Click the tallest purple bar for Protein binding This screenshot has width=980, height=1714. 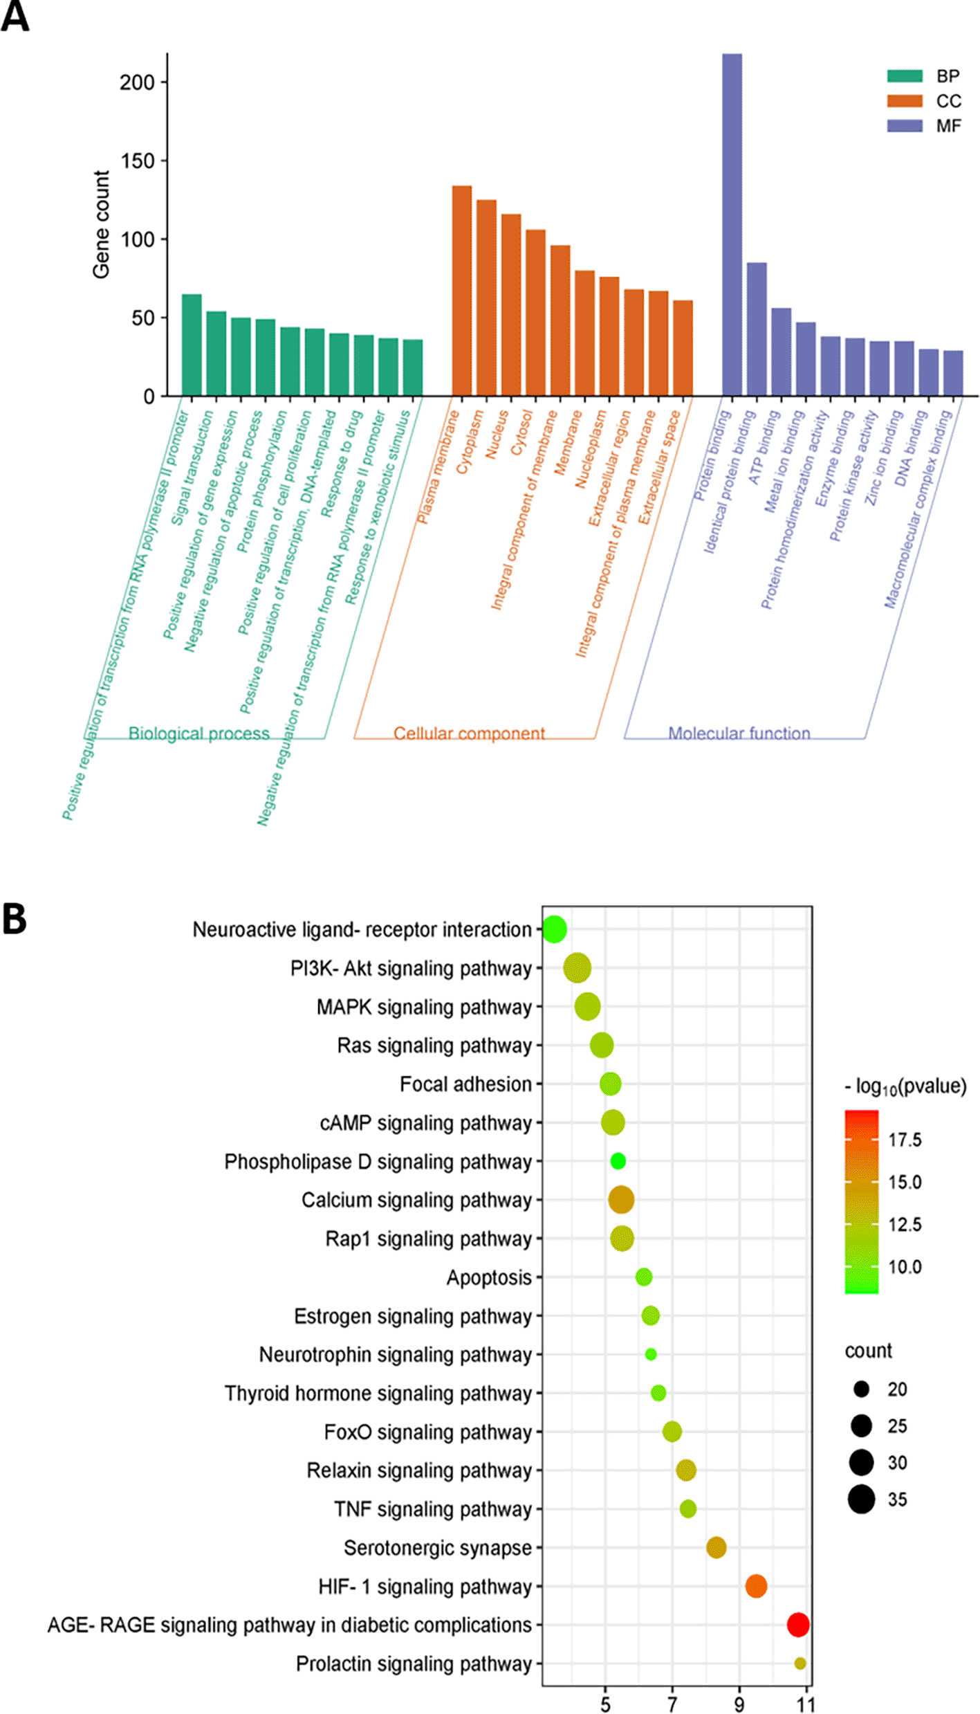[732, 225]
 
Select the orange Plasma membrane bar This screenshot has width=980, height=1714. [461, 291]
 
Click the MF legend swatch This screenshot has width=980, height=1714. [905, 125]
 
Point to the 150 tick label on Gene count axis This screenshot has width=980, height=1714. [137, 161]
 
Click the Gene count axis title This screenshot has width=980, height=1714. [101, 225]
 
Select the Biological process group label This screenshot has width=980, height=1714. [198, 733]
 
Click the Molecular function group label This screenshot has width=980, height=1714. [739, 733]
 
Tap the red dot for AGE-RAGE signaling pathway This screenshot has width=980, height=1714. [797, 1624]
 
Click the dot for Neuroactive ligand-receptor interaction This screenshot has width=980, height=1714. [554, 929]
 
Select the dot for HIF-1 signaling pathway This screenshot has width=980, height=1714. [756, 1585]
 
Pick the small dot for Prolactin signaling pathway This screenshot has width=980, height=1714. [800, 1663]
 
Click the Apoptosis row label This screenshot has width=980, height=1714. [489, 1277]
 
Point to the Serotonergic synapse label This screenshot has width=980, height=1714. [437, 1547]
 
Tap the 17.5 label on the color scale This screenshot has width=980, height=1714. [905, 1140]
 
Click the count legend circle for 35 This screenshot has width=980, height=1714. [861, 1499]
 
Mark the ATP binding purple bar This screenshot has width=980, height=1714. [781, 352]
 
